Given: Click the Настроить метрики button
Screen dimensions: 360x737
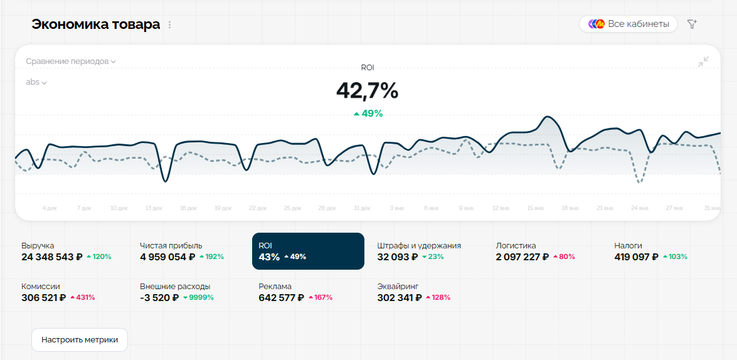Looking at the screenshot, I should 80,340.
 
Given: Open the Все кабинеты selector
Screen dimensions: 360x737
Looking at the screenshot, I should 628,24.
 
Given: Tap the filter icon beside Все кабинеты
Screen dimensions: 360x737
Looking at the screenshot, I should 692,24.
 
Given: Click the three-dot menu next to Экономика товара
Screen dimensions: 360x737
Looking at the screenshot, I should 169,25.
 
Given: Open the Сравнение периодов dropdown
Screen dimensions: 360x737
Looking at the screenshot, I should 71,61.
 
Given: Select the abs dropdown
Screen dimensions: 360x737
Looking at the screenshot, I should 36,82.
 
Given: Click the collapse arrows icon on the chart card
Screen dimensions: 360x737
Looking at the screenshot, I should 703,61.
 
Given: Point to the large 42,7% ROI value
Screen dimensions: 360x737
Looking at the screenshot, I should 367,90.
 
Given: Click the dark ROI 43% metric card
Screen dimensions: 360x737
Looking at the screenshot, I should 308,251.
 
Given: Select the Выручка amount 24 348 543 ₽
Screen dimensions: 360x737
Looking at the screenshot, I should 51,257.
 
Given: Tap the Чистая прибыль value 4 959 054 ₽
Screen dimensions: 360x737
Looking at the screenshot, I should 167,257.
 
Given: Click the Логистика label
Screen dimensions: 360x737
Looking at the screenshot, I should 516,245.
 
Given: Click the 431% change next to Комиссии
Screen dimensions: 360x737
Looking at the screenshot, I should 82,297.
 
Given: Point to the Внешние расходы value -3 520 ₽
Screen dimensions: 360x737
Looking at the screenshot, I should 159,297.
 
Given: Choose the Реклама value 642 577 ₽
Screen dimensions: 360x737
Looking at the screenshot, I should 281,297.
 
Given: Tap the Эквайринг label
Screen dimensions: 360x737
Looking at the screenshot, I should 398,286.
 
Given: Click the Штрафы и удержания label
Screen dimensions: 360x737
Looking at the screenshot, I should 419,245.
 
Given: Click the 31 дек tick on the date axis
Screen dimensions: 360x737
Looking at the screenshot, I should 361,208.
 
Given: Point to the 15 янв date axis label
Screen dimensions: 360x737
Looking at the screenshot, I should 534,208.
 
